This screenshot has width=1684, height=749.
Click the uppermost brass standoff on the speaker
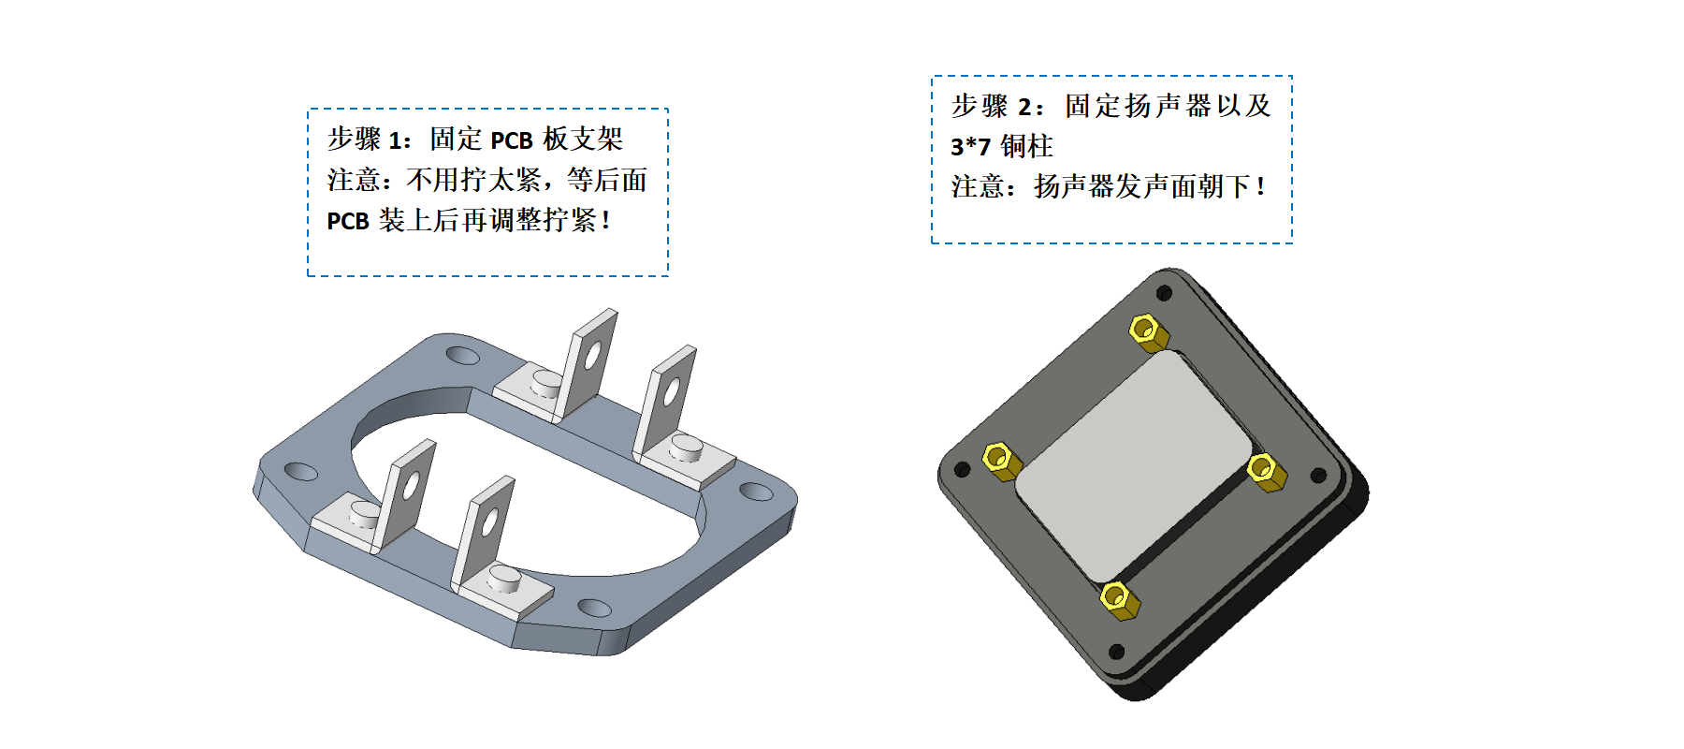click(1147, 332)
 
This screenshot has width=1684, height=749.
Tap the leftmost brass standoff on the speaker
click(1000, 461)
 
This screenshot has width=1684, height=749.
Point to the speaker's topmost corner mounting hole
click(1164, 293)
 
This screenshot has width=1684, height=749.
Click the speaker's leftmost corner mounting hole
click(961, 469)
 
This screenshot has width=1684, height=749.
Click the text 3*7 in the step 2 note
click(970, 147)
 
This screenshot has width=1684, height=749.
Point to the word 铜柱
click(1026, 146)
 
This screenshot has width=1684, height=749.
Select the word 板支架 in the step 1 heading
click(583, 140)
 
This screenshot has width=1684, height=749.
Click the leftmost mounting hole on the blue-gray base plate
click(300, 471)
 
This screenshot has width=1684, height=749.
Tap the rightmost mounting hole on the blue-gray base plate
click(756, 492)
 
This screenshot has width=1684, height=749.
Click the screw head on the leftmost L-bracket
click(364, 513)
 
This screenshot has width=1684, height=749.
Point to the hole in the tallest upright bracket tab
click(593, 354)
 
